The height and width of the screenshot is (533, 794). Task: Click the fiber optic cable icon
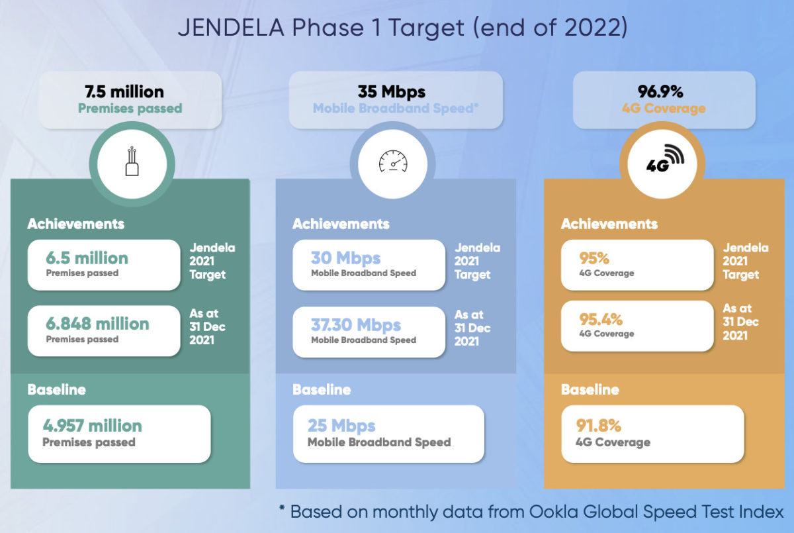(x=132, y=161)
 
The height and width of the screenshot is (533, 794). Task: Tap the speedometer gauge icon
(x=393, y=161)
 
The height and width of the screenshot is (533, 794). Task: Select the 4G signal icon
(x=664, y=158)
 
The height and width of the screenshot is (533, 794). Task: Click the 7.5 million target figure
(x=124, y=92)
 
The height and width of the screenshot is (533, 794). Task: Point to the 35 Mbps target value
(x=391, y=92)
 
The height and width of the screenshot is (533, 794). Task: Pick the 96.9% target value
(x=660, y=91)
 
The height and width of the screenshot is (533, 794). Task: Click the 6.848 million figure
(x=97, y=323)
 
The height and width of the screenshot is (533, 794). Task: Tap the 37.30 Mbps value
(x=356, y=324)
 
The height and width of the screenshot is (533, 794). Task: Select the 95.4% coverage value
(x=601, y=319)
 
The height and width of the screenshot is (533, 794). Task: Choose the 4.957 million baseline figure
(x=92, y=425)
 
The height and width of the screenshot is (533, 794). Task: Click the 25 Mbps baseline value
(x=341, y=426)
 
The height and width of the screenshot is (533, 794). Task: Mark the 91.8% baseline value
(x=598, y=425)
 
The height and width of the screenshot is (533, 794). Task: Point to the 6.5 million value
(x=87, y=258)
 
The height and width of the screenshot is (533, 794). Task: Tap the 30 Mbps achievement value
(x=345, y=258)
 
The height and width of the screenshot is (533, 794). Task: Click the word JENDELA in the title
(x=231, y=27)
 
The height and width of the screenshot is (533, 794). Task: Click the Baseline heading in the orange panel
(x=590, y=389)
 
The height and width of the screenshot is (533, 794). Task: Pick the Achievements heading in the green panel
(x=76, y=224)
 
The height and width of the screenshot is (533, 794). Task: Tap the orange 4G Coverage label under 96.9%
(x=664, y=108)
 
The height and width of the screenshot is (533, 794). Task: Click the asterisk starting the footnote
(x=282, y=509)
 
